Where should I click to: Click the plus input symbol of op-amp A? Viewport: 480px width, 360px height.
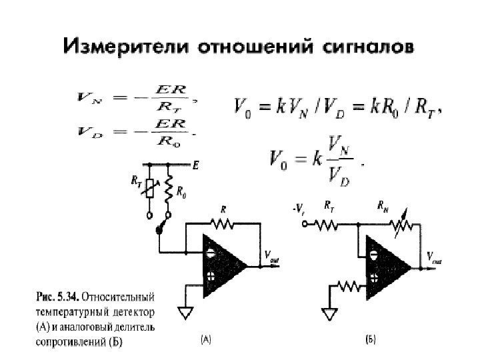(210, 276)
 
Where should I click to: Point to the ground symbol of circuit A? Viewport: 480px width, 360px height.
(185, 312)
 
